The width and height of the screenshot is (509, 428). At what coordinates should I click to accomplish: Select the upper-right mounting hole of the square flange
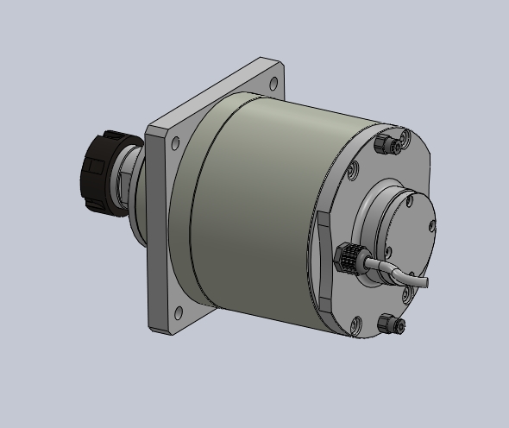point(273,84)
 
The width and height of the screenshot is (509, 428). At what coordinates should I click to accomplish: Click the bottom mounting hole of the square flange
point(179,312)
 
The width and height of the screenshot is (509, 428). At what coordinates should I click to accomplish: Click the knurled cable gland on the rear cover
point(347,256)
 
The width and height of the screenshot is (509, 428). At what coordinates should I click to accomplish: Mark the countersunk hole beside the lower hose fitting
point(355,324)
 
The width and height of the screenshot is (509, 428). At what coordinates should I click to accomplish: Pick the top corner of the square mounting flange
point(264,60)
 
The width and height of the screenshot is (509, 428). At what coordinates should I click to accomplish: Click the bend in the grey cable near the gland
point(393,270)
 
